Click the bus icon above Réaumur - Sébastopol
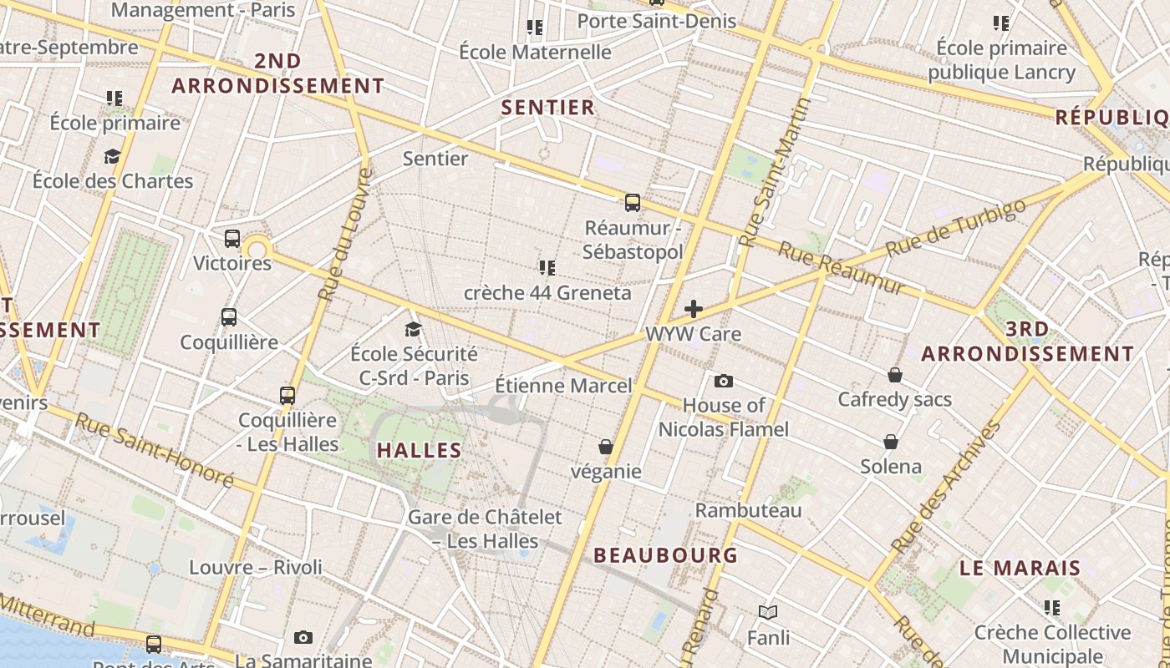click(x=633, y=202)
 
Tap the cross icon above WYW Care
click(x=694, y=309)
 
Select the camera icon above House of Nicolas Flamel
click(x=724, y=381)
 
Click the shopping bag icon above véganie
click(x=606, y=447)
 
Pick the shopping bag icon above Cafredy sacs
click(x=895, y=375)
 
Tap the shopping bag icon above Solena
click(x=891, y=441)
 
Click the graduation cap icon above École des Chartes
click(x=112, y=156)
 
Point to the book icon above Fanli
click(x=768, y=612)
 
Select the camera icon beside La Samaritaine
click(x=303, y=637)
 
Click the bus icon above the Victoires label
click(x=232, y=239)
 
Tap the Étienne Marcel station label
click(x=563, y=386)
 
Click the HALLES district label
click(x=420, y=451)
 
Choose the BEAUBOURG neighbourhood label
click(x=665, y=555)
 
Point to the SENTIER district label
click(x=548, y=107)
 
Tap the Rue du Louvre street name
click(x=343, y=235)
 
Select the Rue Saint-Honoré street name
click(x=155, y=449)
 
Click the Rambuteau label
click(x=748, y=509)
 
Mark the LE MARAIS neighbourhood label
click(x=1020, y=569)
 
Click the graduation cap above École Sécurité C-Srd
click(x=413, y=329)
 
